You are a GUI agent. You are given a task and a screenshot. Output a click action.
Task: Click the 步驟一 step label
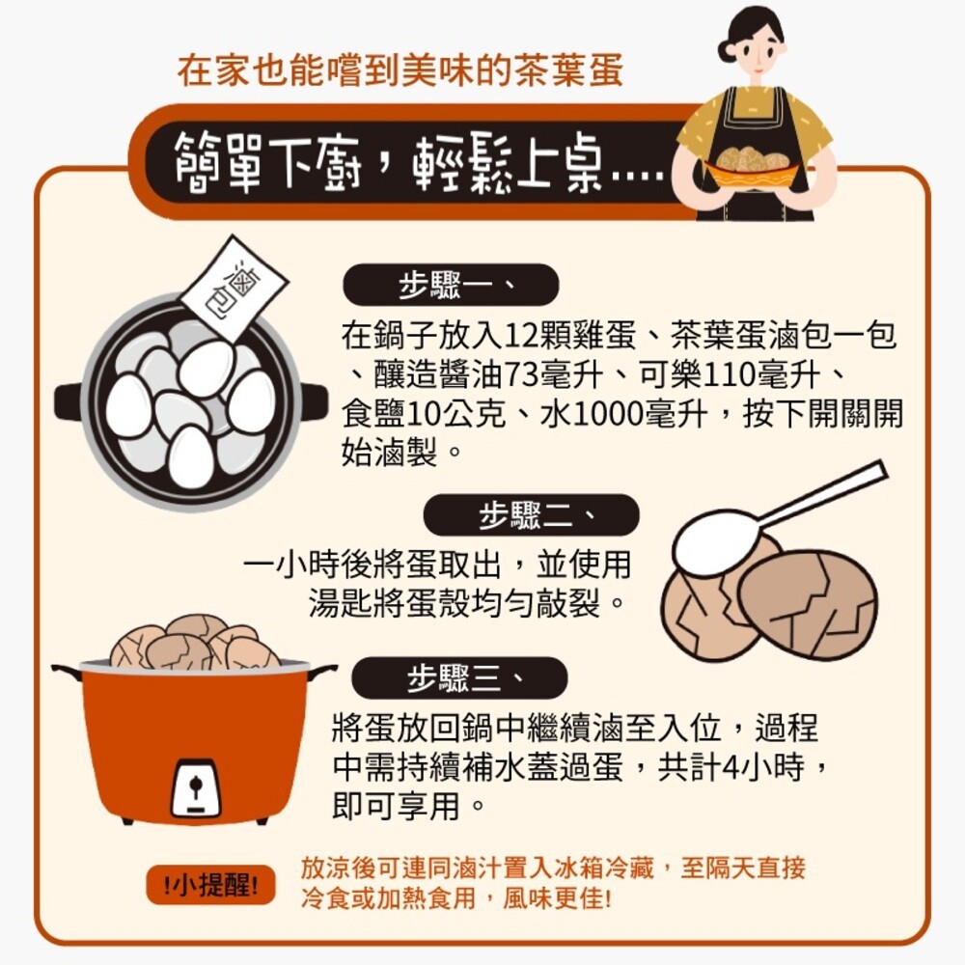point(451,286)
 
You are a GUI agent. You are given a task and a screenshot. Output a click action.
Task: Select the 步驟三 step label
point(458,678)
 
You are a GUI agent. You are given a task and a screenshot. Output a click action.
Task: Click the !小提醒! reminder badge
point(210,885)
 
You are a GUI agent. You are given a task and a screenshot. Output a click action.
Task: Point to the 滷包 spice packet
point(234,288)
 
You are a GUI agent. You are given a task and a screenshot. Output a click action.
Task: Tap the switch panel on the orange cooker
point(196,787)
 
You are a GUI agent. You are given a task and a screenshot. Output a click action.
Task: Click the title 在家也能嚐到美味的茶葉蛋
point(400,71)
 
